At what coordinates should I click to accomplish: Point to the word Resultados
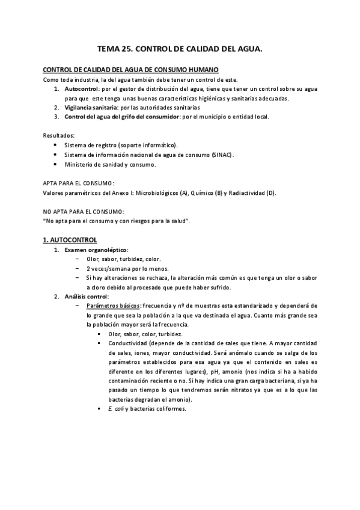[x=58, y=135]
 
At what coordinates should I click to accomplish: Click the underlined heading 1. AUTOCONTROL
[x=70, y=239]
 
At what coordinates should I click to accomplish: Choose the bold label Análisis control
[x=86, y=296]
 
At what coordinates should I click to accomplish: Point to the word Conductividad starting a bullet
[x=130, y=343]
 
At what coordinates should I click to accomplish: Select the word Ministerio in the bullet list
[x=80, y=164]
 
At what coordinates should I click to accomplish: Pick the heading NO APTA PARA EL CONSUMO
[x=84, y=211]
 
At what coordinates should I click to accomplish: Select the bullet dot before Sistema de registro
[x=56, y=145]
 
